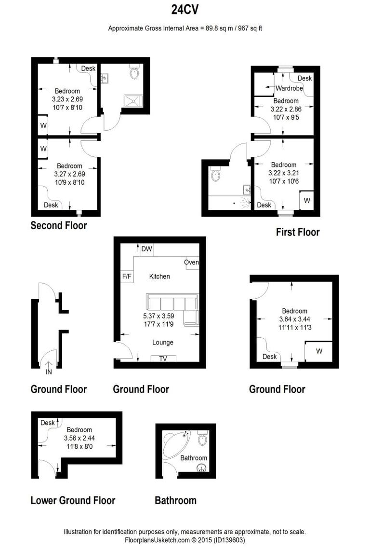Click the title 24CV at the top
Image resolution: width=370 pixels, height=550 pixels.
click(185, 10)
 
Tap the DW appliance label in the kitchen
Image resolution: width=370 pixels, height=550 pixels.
click(147, 249)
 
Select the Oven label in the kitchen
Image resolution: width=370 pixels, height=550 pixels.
click(192, 262)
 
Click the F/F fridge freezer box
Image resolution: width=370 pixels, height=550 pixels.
click(127, 276)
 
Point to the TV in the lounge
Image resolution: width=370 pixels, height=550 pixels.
click(163, 358)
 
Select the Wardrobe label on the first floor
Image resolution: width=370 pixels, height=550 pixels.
click(289, 88)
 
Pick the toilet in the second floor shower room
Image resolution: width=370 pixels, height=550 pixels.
click(135, 73)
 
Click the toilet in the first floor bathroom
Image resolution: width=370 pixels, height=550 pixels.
click(215, 175)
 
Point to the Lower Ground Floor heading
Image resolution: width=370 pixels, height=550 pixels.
click(73, 500)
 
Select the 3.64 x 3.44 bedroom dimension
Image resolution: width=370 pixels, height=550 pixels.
click(294, 319)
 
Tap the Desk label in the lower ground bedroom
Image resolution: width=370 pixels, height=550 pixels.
click(48, 423)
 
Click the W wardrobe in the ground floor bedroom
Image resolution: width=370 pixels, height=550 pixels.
click(319, 351)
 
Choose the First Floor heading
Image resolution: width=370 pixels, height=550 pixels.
click(297, 232)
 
